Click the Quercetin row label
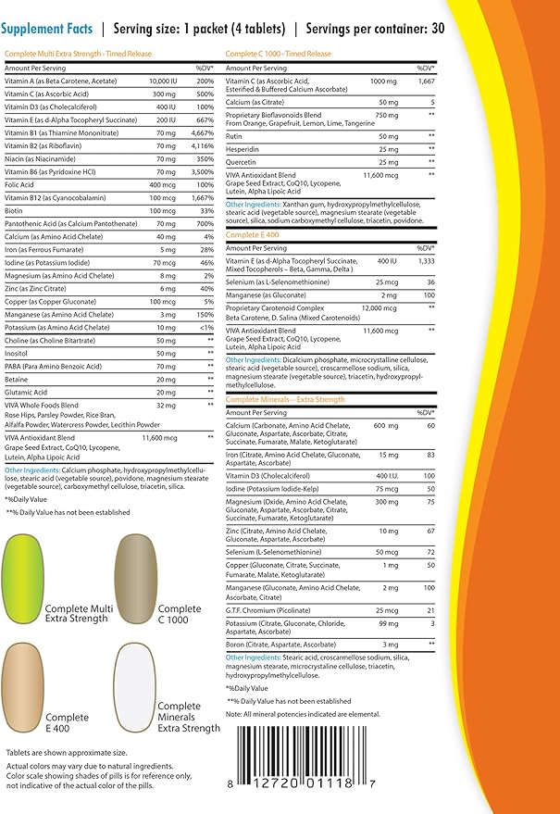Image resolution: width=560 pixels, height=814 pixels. pyautogui.click(x=243, y=161)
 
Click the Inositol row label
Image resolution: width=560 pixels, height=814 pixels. pyautogui.click(x=18, y=353)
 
